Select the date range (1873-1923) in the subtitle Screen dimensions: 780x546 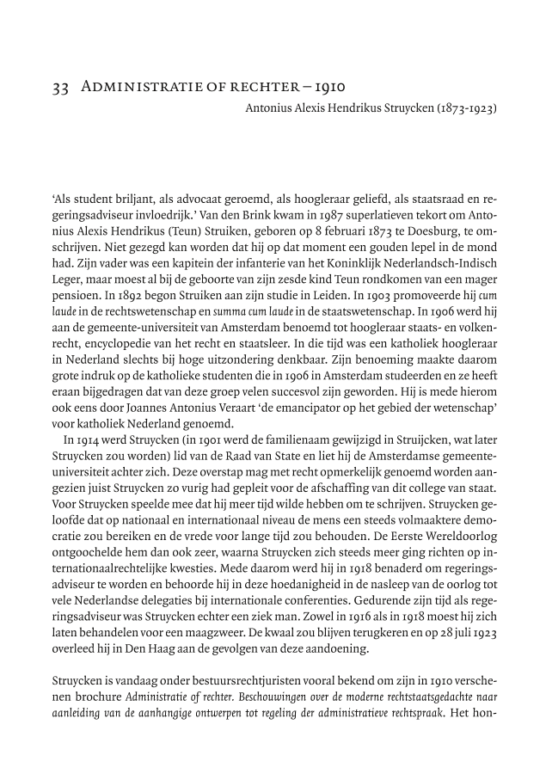(465, 109)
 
